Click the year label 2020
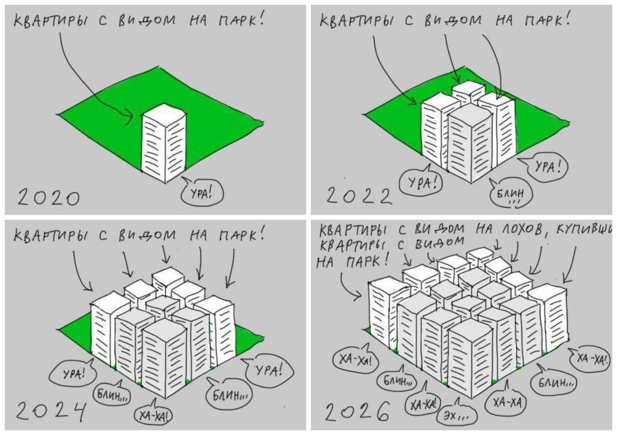pyautogui.click(x=48, y=197)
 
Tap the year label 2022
pyautogui.click(x=359, y=196)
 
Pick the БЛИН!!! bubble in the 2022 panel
pyautogui.click(x=510, y=194)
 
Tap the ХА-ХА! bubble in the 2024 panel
pyautogui.click(x=153, y=415)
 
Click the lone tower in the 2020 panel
pyautogui.click(x=164, y=143)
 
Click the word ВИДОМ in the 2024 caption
pyautogui.click(x=147, y=236)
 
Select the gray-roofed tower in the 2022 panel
pyautogui.click(x=470, y=143)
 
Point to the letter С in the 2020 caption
pyautogui.click(x=103, y=21)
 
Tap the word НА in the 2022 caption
pyautogui.click(x=504, y=20)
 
